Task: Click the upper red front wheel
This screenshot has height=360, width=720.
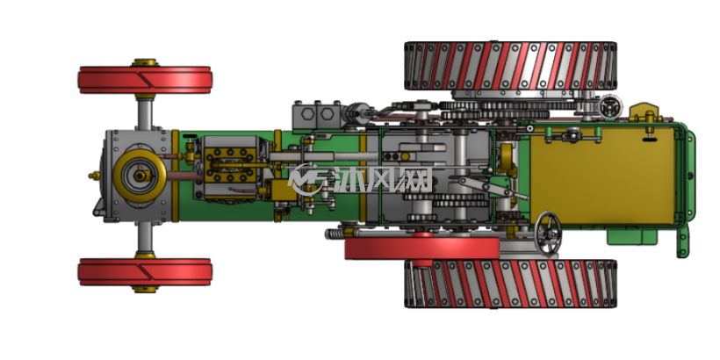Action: point(145,80)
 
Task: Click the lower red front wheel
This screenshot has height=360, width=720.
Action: point(145,272)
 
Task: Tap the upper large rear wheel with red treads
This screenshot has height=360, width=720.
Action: point(510,66)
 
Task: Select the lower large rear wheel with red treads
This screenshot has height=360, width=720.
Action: point(510,284)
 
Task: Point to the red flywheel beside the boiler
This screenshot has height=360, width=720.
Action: point(422,248)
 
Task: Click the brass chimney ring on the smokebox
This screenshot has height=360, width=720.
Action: point(140,176)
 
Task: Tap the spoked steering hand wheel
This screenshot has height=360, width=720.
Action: point(548,234)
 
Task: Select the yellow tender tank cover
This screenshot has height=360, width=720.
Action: point(603,176)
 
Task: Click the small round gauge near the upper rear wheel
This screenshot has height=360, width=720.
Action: point(611,107)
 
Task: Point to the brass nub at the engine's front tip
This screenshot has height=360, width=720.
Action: point(94,176)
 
